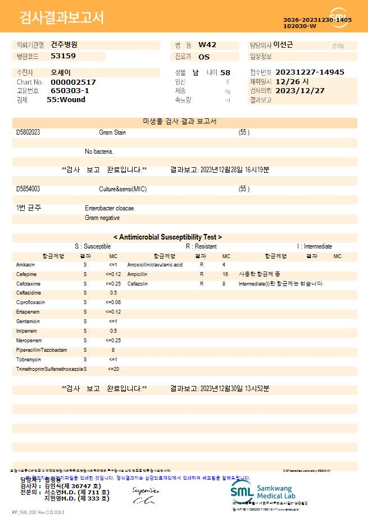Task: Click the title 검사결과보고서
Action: (62, 18)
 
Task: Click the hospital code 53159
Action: (63, 56)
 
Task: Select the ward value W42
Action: (207, 45)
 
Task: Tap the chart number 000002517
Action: (73, 82)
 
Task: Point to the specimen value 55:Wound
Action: (66, 100)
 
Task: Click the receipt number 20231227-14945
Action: (310, 72)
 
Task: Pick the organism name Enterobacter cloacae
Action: (110, 208)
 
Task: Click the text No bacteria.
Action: (99, 151)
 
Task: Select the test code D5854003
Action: (28, 189)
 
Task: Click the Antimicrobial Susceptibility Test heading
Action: (167, 237)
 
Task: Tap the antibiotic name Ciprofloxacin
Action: (30, 302)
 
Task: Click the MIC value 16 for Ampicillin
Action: (225, 274)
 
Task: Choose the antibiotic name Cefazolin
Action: (138, 284)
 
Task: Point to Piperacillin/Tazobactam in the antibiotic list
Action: (42, 350)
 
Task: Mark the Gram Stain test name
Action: (112, 132)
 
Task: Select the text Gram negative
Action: (102, 218)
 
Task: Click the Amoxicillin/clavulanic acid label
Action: (155, 265)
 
